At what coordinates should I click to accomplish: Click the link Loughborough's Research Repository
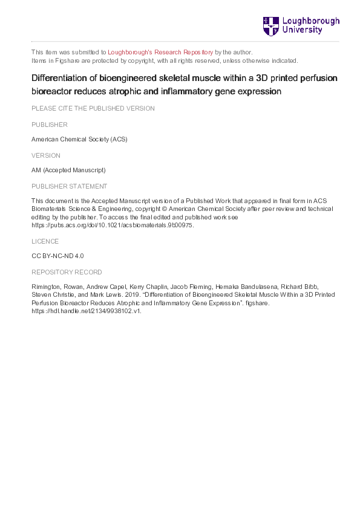(160, 53)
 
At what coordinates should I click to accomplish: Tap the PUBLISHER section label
(49, 125)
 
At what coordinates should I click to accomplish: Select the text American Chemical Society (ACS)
(79, 140)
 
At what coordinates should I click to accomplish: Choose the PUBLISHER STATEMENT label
(70, 186)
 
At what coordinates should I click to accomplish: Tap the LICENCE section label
(44, 241)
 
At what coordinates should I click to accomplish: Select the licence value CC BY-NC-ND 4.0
(57, 256)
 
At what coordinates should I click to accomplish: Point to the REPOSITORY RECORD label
(67, 272)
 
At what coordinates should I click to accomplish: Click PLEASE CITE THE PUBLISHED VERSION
(93, 109)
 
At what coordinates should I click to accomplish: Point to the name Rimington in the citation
(46, 287)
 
